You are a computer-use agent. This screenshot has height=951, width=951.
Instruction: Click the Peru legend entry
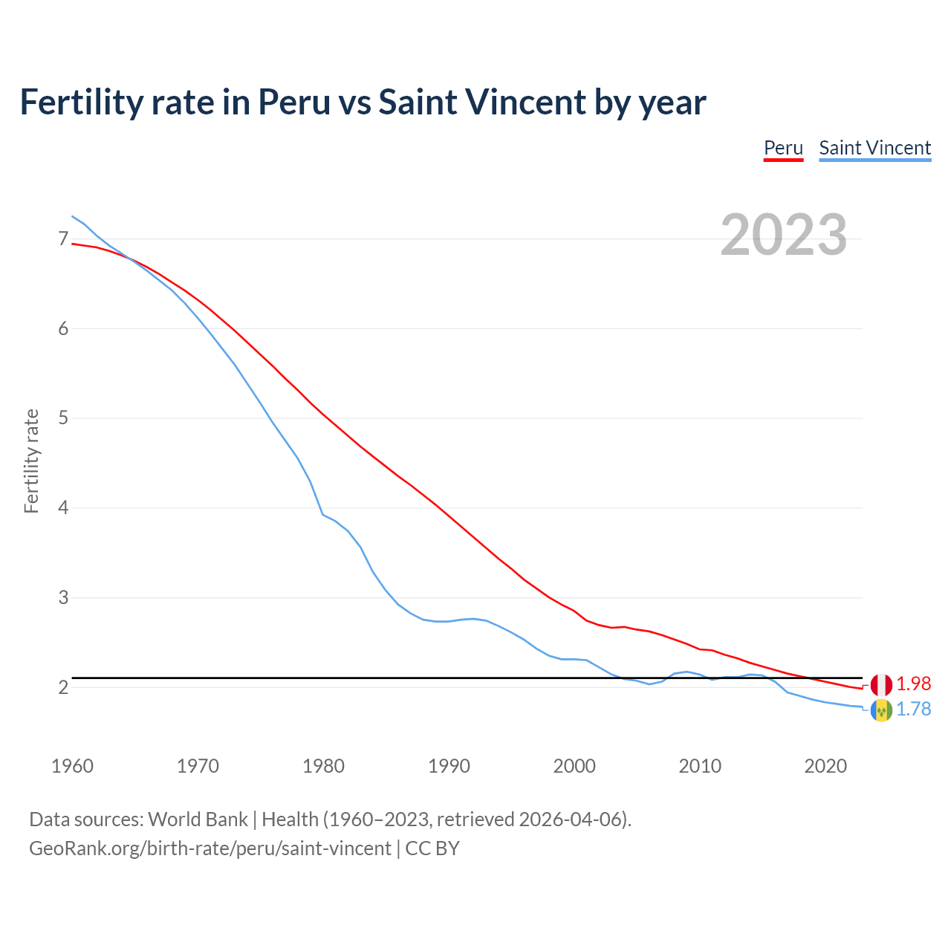click(783, 148)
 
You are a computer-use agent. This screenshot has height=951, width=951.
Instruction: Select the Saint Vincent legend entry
click(874, 148)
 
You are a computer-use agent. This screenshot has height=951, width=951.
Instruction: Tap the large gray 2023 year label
click(783, 235)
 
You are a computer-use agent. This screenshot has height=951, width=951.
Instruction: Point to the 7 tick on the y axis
click(63, 238)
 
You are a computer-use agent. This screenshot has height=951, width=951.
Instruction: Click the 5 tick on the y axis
click(63, 418)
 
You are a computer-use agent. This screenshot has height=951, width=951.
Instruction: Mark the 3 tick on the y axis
click(63, 597)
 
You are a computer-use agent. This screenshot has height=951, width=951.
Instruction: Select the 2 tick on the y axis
click(63, 687)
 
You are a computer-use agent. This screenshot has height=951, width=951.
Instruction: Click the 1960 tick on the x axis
click(72, 766)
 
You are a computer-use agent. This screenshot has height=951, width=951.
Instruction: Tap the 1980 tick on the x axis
click(323, 766)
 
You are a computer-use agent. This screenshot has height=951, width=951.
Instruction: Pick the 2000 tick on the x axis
click(574, 766)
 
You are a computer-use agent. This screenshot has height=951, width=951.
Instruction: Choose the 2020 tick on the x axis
click(825, 766)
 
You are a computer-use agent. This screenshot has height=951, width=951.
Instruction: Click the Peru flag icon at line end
click(881, 684)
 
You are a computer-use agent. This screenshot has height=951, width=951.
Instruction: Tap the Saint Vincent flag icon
click(881, 710)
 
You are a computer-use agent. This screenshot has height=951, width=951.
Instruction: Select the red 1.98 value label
click(913, 684)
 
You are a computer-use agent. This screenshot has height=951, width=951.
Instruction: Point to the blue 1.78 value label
click(913, 710)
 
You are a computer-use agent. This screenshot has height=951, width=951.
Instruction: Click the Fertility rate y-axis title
click(31, 461)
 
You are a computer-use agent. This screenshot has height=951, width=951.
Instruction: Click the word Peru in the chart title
click(293, 102)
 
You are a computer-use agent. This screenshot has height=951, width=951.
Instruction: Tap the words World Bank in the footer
click(198, 819)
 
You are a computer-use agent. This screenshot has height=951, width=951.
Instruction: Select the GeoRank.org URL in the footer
click(210, 848)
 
